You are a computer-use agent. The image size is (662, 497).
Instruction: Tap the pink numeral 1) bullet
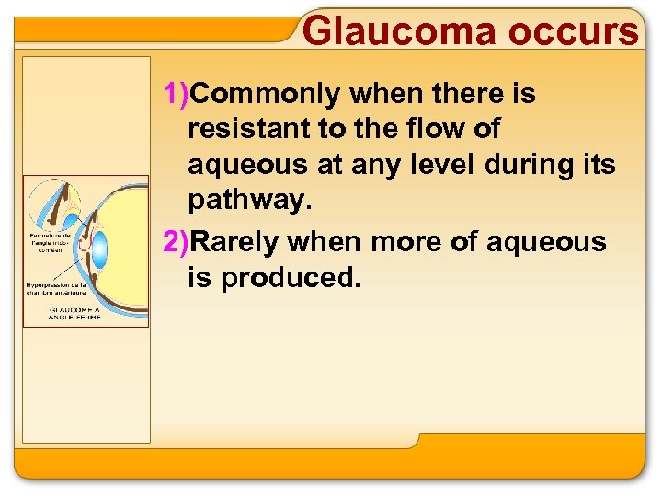pos(176,93)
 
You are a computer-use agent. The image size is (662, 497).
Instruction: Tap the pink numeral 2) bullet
pos(176,241)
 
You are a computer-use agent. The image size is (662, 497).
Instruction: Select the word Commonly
pos(271,93)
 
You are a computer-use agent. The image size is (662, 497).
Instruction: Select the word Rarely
pos(237,241)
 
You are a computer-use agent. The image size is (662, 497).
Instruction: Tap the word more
pos(403,241)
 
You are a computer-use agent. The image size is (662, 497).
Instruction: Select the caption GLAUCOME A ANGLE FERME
pos(76,314)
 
